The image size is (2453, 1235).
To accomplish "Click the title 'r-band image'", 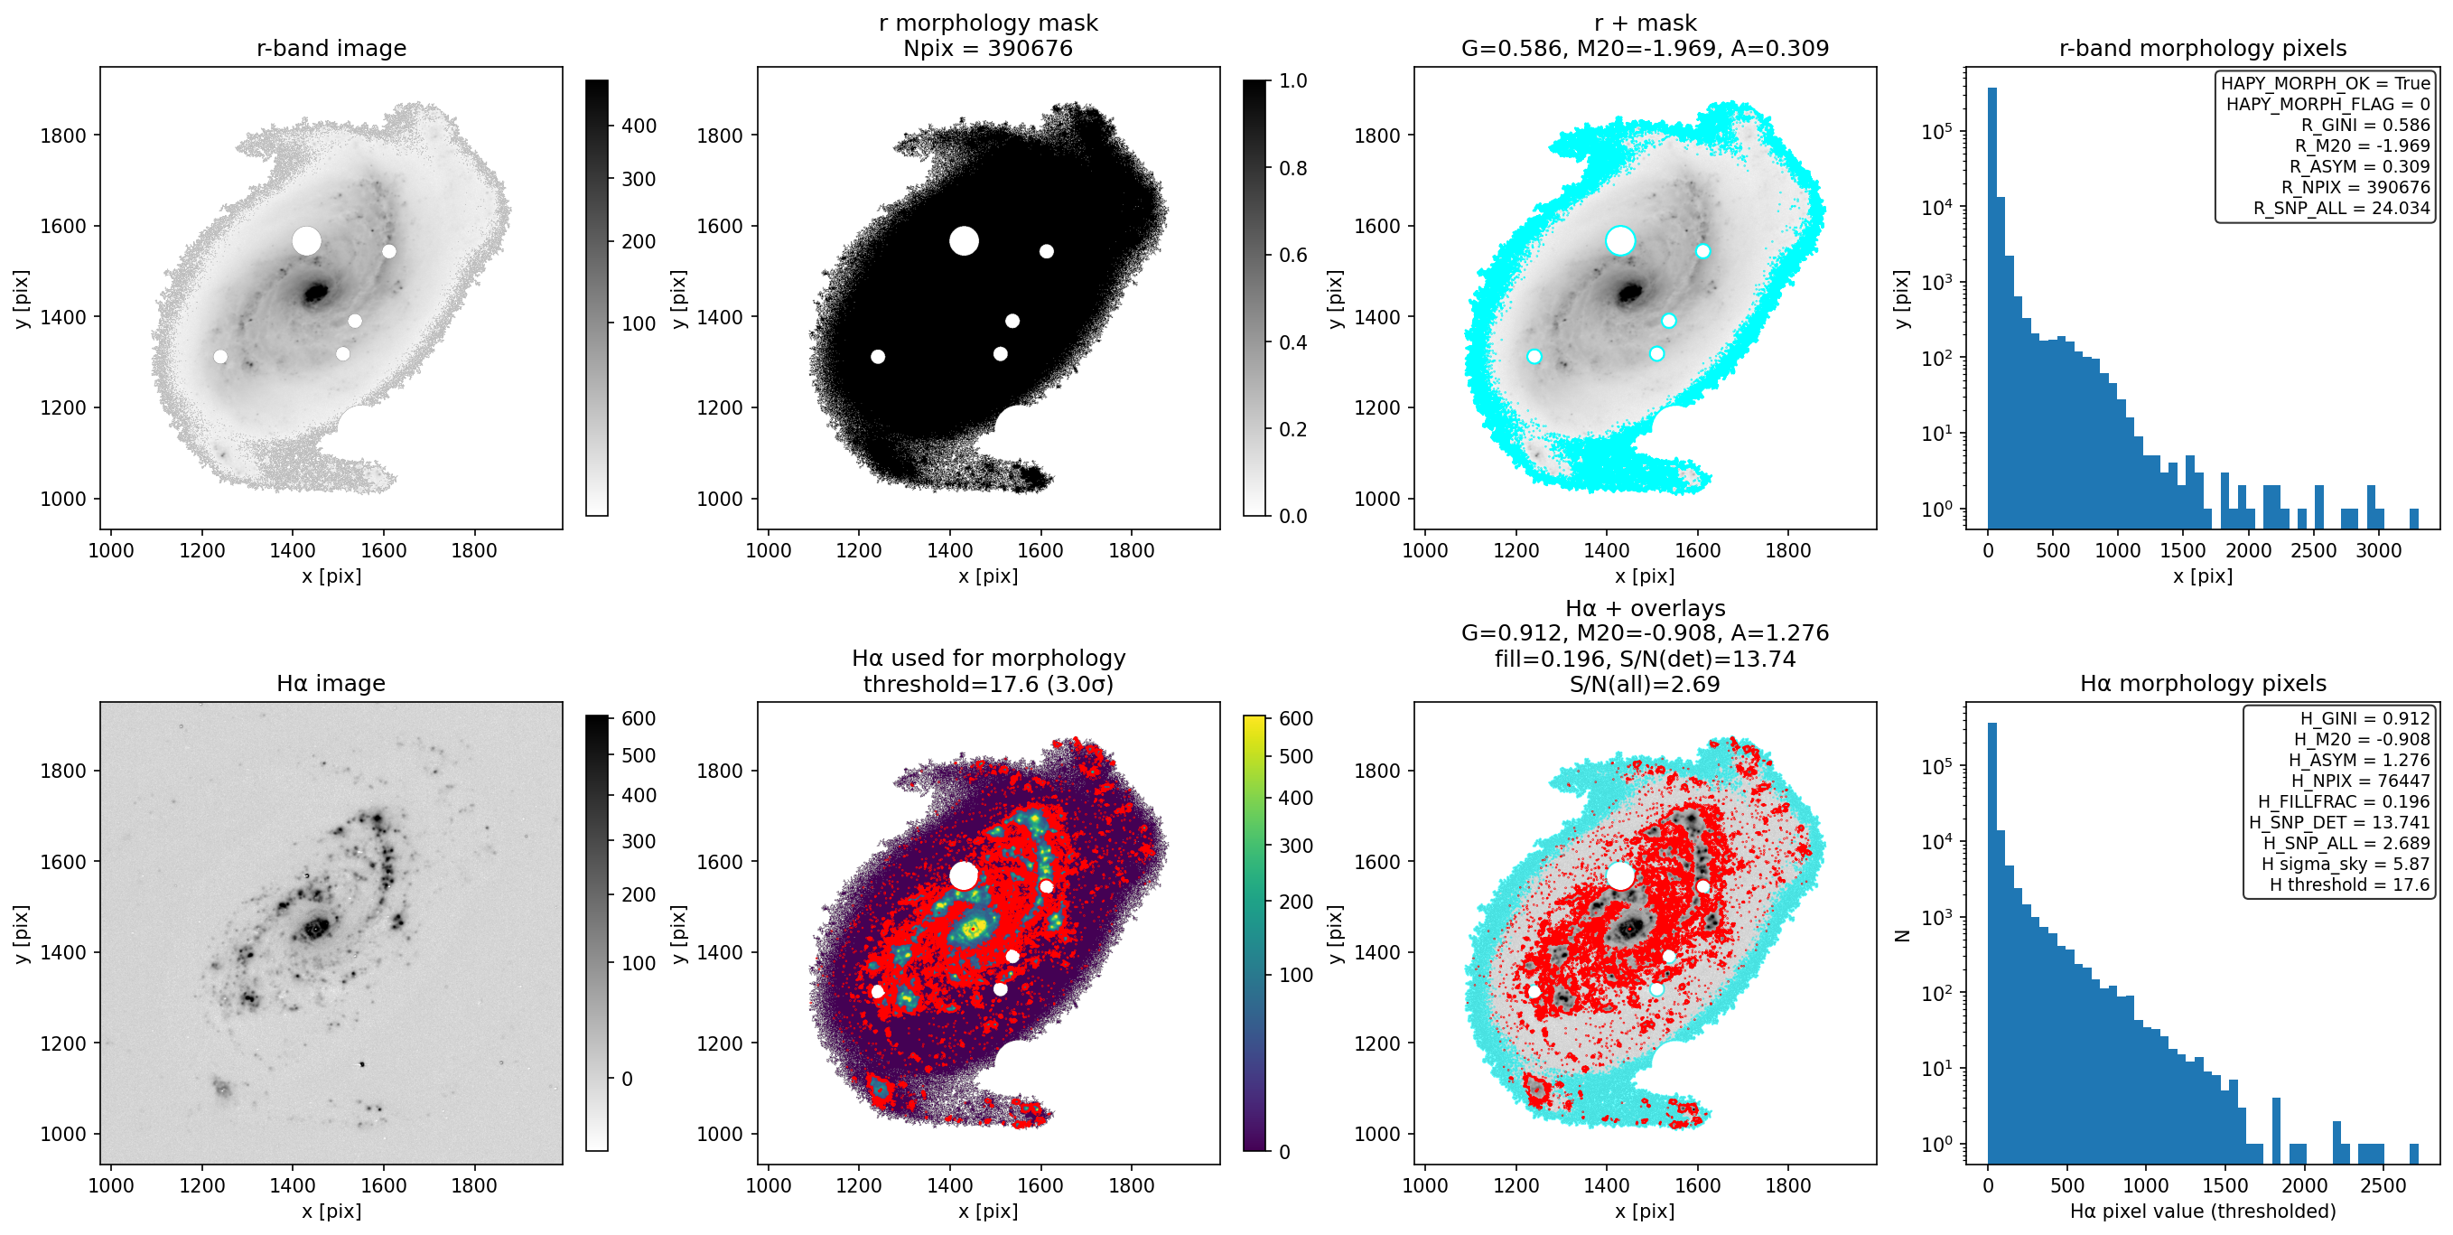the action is (x=331, y=48).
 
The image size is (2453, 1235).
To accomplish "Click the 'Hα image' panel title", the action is (x=331, y=683).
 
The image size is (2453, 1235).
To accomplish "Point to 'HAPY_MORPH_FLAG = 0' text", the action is (x=2327, y=104).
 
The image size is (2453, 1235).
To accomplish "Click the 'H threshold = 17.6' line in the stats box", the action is (x=2349, y=884).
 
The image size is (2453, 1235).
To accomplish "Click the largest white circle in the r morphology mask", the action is (x=964, y=241).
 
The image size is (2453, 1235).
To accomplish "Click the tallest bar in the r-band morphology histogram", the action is (x=1992, y=307).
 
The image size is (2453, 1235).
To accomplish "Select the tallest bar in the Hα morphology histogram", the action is (x=1992, y=942).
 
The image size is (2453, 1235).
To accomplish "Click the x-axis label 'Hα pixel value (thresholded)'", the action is (x=2203, y=1212).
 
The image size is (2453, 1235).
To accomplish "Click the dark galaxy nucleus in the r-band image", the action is (x=316, y=293).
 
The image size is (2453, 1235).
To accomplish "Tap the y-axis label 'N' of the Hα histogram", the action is (x=1903, y=935).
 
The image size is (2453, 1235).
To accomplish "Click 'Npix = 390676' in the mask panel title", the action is (x=987, y=49).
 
